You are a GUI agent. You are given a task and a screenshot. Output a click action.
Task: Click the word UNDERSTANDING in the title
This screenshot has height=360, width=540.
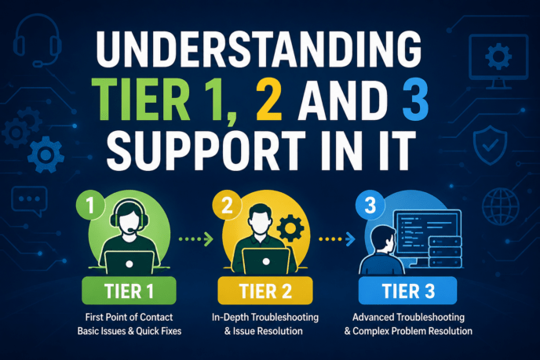(x=259, y=49)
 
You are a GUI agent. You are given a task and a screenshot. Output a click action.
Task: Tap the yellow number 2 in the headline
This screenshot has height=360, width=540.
(x=269, y=101)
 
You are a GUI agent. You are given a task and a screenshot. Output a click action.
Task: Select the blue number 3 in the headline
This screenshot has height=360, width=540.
(x=415, y=101)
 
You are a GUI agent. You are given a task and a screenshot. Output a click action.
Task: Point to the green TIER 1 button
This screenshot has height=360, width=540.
(x=129, y=291)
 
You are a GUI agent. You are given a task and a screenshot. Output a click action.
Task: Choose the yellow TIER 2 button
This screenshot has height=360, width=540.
(x=265, y=291)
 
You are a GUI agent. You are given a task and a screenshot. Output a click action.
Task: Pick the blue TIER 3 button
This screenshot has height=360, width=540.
(x=408, y=291)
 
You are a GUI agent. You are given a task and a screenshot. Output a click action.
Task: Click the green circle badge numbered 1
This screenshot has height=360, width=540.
(x=90, y=205)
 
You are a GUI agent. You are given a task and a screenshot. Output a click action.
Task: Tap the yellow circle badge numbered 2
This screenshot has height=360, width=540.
(x=227, y=205)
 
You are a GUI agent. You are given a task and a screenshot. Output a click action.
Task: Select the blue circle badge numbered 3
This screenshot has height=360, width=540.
(x=370, y=205)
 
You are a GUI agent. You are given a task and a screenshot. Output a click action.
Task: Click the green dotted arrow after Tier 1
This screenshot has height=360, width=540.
(x=196, y=239)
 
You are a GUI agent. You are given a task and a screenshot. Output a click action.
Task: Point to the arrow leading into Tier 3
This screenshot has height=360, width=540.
(x=337, y=239)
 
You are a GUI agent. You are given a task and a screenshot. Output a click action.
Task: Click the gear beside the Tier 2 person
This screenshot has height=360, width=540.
(x=290, y=227)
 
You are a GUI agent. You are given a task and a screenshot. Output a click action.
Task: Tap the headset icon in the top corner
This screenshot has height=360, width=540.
(x=37, y=41)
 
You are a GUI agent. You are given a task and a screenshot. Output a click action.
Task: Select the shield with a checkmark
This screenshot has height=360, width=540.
(x=490, y=145)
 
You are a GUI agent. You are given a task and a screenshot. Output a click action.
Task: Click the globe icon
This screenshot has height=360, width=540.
(x=501, y=206)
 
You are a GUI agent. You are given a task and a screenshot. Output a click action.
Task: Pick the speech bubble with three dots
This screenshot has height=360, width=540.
(x=29, y=201)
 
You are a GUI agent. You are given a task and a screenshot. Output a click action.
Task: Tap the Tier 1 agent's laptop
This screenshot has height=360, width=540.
(x=130, y=263)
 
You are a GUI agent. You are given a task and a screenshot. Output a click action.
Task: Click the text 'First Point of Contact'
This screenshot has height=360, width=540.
(x=130, y=317)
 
